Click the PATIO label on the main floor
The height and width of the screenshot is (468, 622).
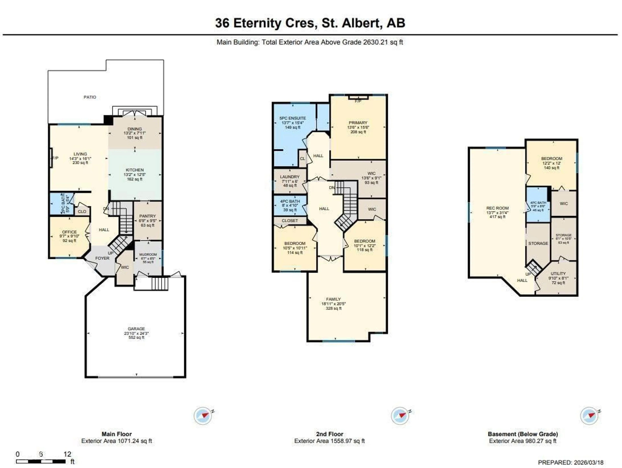tap(90, 97)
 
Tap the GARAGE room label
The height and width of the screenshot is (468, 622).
tap(136, 329)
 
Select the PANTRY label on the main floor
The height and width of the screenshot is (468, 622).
tap(147, 216)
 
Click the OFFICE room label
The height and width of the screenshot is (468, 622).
tap(69, 232)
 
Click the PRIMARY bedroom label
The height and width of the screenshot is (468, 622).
tap(358, 123)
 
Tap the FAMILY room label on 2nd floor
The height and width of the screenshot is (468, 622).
tap(334, 299)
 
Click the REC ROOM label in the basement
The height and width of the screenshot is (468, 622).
tap(497, 208)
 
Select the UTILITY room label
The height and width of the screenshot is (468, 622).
tap(558, 273)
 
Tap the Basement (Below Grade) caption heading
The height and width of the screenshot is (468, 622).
tap(523, 434)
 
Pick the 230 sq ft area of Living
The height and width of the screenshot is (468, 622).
tap(80, 163)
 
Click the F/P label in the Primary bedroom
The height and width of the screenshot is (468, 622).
tap(358, 101)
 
